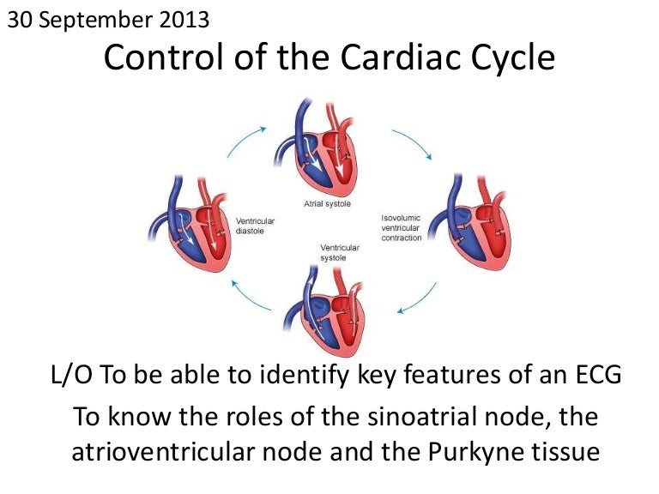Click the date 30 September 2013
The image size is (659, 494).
(x=107, y=18)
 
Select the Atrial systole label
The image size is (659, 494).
(x=327, y=204)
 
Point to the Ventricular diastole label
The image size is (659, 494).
(x=255, y=226)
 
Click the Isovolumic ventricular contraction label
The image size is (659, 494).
(x=402, y=228)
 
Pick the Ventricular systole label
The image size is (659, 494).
(x=339, y=252)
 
